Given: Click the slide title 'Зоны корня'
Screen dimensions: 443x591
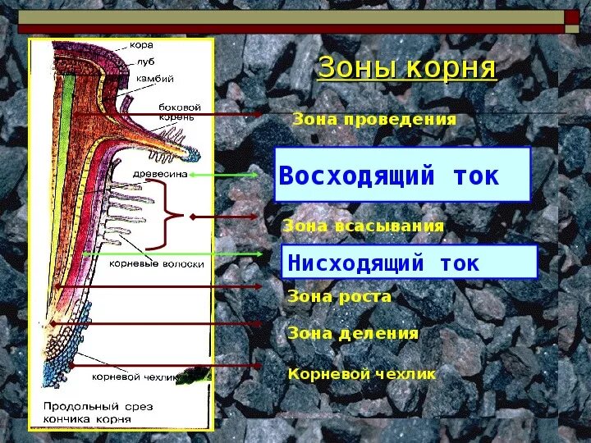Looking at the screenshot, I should click(406, 68).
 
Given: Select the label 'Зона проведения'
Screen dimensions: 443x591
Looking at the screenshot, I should click(374, 119).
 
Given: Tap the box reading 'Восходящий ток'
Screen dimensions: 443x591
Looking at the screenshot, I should click(402, 175).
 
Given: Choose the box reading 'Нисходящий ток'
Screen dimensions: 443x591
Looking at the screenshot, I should click(409, 263).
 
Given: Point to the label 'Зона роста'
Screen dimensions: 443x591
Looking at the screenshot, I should click(339, 296).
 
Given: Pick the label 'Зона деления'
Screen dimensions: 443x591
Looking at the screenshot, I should click(353, 333).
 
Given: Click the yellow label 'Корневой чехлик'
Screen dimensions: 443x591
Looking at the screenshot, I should click(361, 373).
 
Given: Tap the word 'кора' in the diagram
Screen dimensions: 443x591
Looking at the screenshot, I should click(140, 45).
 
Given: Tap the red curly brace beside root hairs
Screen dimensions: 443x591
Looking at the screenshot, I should click(172, 216).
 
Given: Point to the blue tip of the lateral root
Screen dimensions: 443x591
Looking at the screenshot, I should click(194, 152).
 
